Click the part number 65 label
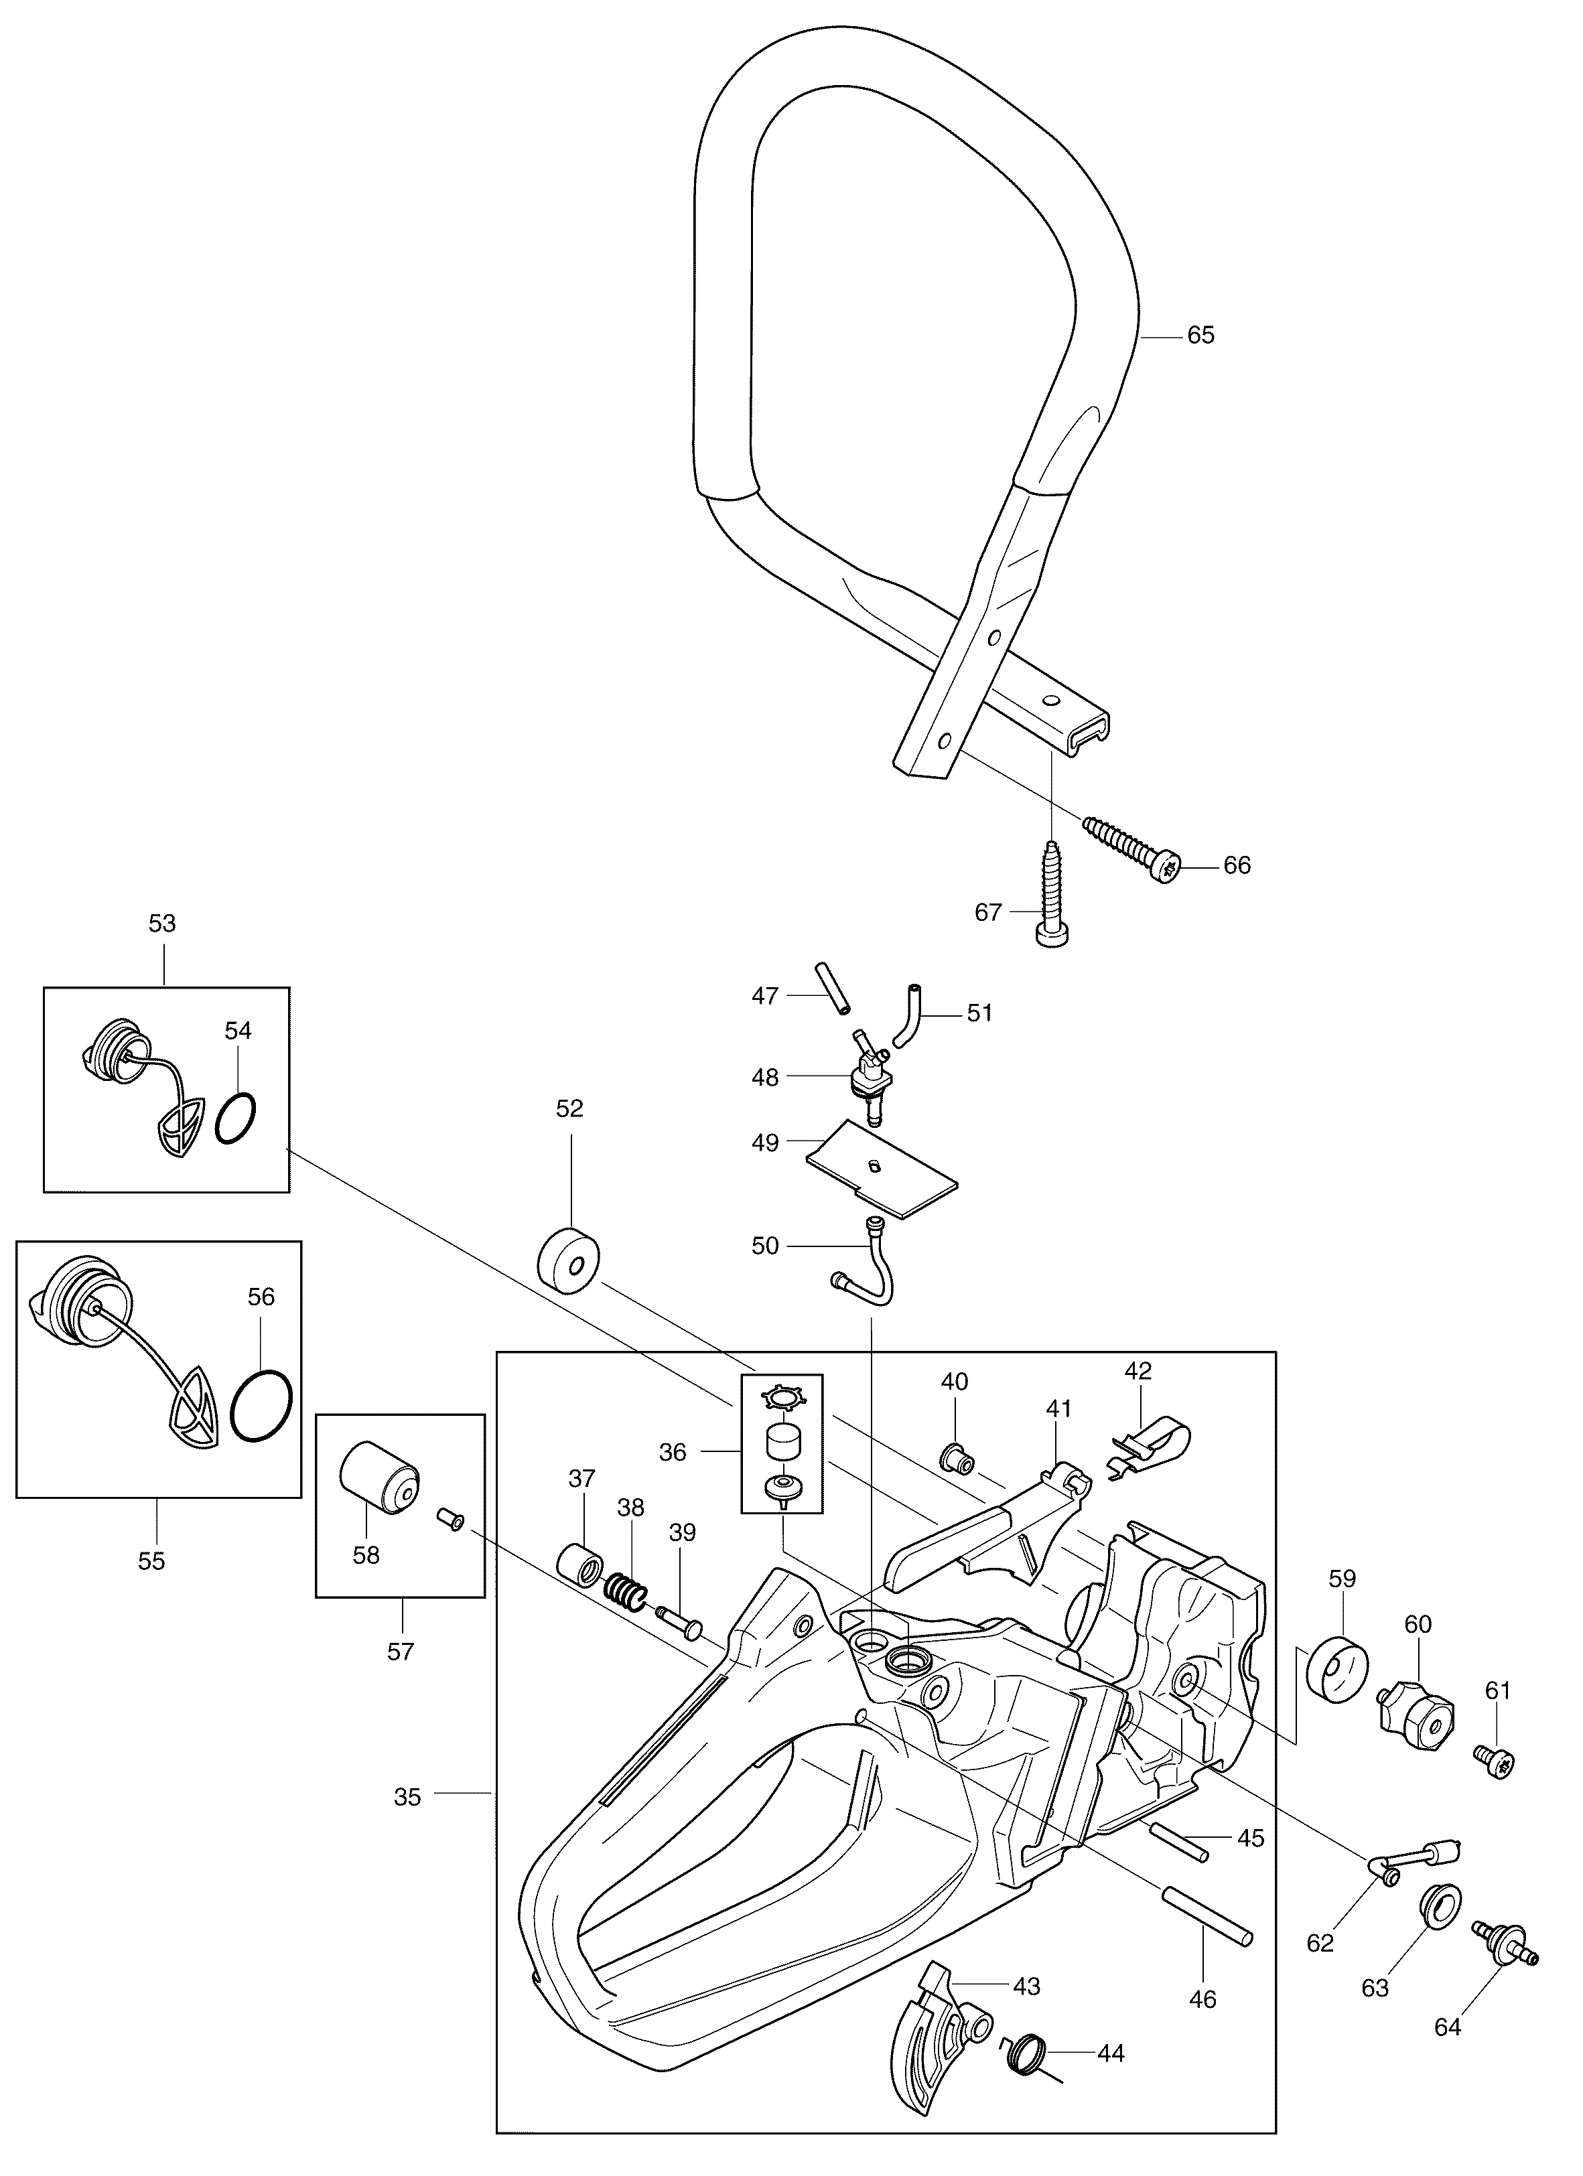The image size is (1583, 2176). click(x=1200, y=335)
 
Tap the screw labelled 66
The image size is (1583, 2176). click(x=1132, y=847)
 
